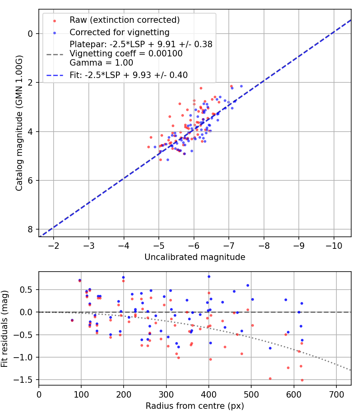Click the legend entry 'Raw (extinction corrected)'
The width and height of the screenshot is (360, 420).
pyautogui.click(x=124, y=20)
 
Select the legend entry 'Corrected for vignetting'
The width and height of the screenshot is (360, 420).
pyautogui.click(x=119, y=32)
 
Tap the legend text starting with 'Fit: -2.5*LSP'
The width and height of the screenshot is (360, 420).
pyautogui.click(x=128, y=75)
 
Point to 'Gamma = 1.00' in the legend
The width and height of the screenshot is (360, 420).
pyautogui.click(x=101, y=63)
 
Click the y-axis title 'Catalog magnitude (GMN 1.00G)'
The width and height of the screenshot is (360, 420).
pyautogui.click(x=19, y=123)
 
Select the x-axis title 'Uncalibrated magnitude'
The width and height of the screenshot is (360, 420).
pyautogui.click(x=195, y=257)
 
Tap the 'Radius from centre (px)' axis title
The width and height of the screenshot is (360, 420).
pyautogui.click(x=195, y=406)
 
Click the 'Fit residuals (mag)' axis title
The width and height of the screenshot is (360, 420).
pyautogui.click(x=5, y=329)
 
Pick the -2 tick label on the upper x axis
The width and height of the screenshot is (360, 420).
pyautogui.click(x=54, y=245)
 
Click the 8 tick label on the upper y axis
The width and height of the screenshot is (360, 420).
pyautogui.click(x=30, y=229)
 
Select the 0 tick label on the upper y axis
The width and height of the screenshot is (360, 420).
pyautogui.click(x=30, y=34)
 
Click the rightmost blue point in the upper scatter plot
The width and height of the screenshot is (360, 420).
pyautogui.click(x=241, y=86)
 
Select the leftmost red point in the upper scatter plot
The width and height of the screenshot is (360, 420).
pyautogui.click(x=148, y=147)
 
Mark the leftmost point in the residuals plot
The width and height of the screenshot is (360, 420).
pyautogui.click(x=72, y=320)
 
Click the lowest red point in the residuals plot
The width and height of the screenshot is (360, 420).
pyautogui.click(x=302, y=380)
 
